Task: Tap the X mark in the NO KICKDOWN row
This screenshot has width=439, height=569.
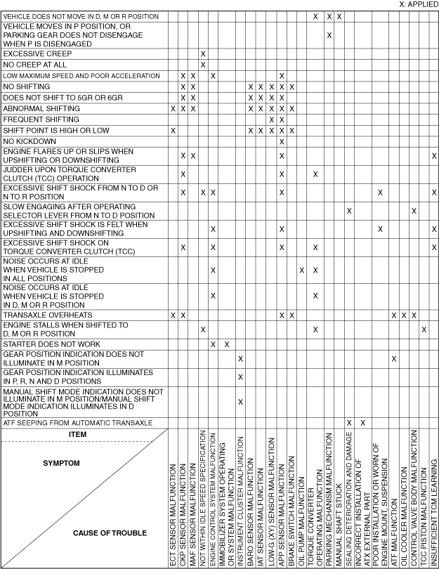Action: tap(281, 142)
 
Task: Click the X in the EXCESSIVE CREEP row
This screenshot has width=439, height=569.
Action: tap(203, 53)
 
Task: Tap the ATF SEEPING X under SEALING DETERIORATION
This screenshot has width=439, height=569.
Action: tap(349, 422)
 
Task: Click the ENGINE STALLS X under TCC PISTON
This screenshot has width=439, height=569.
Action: tap(424, 329)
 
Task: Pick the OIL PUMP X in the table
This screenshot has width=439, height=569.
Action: tap(302, 270)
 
